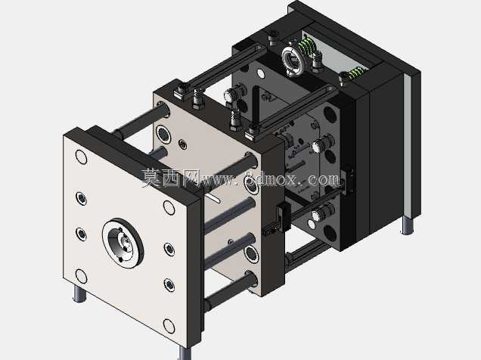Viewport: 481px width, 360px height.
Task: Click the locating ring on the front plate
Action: [x=123, y=244]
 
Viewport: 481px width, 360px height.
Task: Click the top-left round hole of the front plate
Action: [x=81, y=157]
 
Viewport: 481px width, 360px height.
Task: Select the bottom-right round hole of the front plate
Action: [x=169, y=326]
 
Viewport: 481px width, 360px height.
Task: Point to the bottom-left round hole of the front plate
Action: [x=81, y=276]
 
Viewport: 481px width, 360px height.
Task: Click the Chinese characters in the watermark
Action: [x=169, y=178]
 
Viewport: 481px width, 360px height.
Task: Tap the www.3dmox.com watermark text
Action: [x=270, y=178]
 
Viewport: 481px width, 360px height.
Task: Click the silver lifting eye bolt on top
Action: [x=294, y=61]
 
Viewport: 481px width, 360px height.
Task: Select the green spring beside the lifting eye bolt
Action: [x=308, y=47]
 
